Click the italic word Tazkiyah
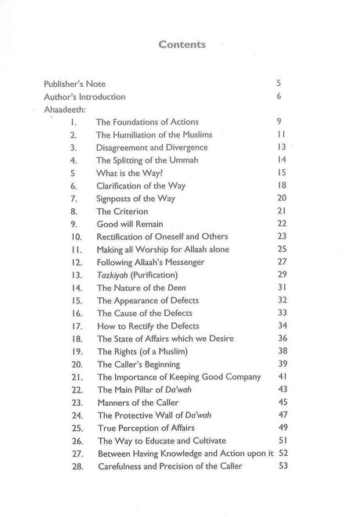click(x=113, y=275)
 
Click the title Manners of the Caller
click(x=138, y=403)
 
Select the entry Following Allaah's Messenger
click(x=153, y=262)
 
